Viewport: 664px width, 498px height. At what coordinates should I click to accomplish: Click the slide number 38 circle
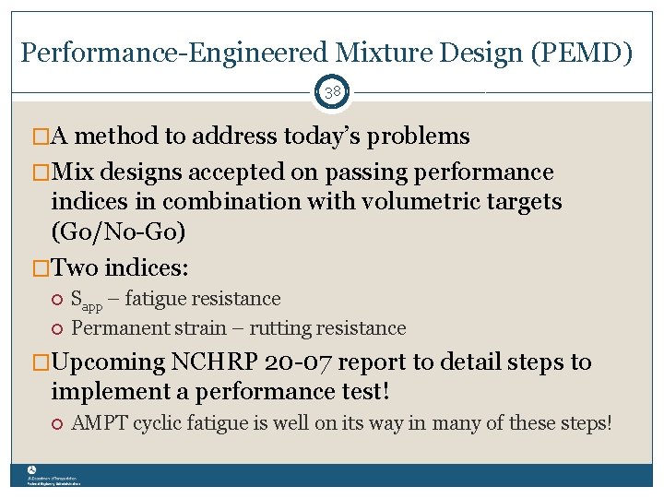click(332, 92)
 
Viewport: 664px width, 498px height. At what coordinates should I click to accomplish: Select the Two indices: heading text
click(120, 267)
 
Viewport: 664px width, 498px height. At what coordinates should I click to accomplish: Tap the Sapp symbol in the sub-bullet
click(88, 300)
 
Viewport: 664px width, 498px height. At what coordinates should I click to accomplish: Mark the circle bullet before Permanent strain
click(57, 328)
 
